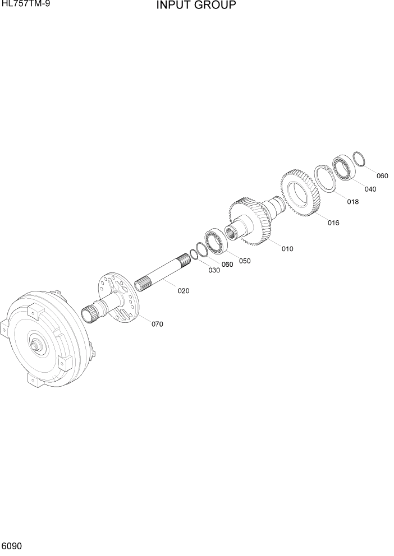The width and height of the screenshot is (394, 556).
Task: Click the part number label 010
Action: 287,249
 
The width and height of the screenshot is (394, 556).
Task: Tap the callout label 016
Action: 333,223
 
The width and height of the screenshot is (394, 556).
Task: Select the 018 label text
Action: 352,202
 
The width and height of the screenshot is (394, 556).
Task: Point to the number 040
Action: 370,189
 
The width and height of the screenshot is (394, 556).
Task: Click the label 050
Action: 245,261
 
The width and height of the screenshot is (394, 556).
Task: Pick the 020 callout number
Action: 184,291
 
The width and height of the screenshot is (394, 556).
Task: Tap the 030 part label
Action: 214,270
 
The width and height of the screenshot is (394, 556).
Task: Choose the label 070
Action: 157,324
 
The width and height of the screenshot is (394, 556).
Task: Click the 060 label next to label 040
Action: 382,176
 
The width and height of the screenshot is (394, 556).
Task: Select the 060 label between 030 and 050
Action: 227,265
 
